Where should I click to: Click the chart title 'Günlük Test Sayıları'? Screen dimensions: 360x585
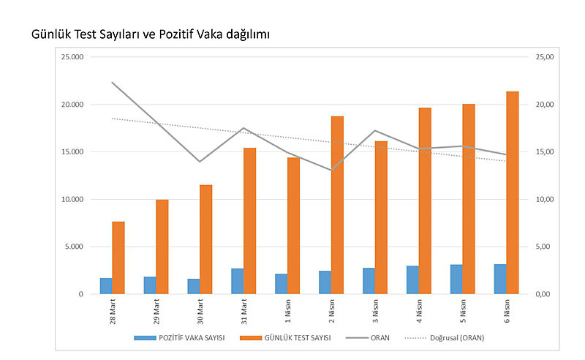click(x=151, y=34)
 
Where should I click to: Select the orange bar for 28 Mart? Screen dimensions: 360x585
click(x=118, y=258)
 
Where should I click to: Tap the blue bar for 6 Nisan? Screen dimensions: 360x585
click(x=500, y=279)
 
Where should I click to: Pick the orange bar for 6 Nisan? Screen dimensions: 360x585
click(x=513, y=192)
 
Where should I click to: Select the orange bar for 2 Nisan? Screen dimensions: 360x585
click(x=337, y=205)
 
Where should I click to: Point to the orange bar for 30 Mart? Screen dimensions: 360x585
click(x=205, y=239)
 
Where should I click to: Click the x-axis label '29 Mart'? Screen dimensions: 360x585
click(x=156, y=310)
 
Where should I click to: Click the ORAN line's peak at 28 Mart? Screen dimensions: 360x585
click(x=112, y=82)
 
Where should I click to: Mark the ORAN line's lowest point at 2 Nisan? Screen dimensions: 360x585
click(x=331, y=170)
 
